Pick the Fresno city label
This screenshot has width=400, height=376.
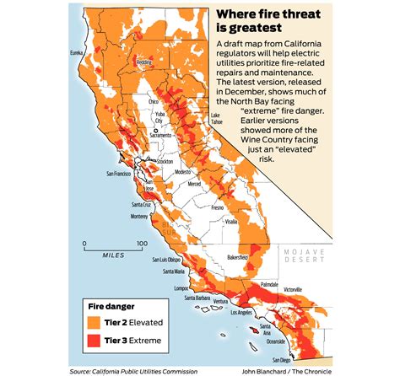click(x=219, y=206)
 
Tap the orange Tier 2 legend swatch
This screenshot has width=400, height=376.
click(x=100, y=322)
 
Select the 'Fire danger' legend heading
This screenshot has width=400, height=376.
click(x=116, y=305)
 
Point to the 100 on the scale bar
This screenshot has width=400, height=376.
click(x=142, y=244)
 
